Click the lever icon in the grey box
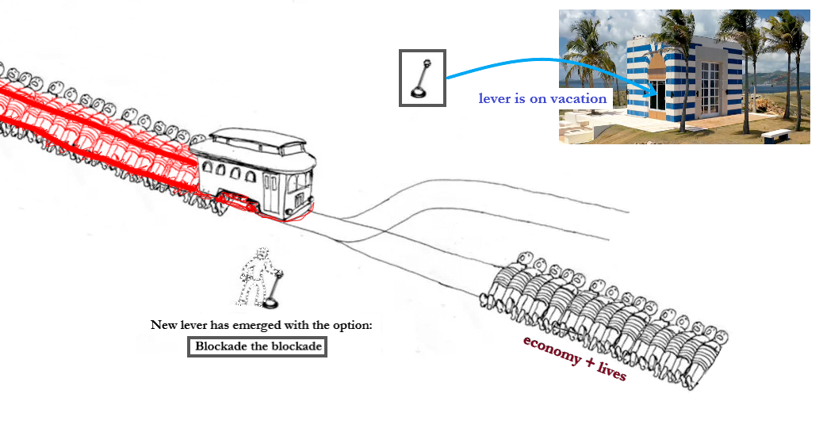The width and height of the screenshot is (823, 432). tap(422, 78)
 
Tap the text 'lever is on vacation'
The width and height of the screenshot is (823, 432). tap(542, 99)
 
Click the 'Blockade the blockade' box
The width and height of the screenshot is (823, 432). tap(257, 346)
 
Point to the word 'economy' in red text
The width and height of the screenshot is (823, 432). tap(552, 349)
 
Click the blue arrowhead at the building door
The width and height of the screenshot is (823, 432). tap(652, 88)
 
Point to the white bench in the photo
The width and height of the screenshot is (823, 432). tap(775, 135)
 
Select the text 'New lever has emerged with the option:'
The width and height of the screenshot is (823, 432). tap(261, 326)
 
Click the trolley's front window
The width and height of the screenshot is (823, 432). tap(300, 183)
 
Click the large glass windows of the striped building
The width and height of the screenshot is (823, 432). tap(710, 88)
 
